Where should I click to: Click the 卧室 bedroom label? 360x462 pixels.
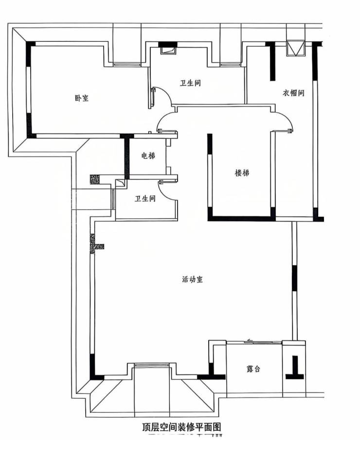coord(82,98)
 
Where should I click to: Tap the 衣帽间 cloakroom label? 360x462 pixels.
coord(293,93)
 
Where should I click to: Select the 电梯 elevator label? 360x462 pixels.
coord(148,155)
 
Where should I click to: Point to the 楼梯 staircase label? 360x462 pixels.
coord(242,173)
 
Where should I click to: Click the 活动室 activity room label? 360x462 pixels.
coord(193,279)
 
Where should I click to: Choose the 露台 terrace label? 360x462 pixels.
coord(253,369)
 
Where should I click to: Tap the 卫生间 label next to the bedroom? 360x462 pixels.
coord(191,83)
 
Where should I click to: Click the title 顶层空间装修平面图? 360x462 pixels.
coord(181,427)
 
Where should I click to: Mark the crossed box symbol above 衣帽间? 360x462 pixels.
coord(296,48)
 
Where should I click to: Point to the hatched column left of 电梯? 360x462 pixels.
coord(95,179)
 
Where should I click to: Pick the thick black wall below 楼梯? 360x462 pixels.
coord(241,218)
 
